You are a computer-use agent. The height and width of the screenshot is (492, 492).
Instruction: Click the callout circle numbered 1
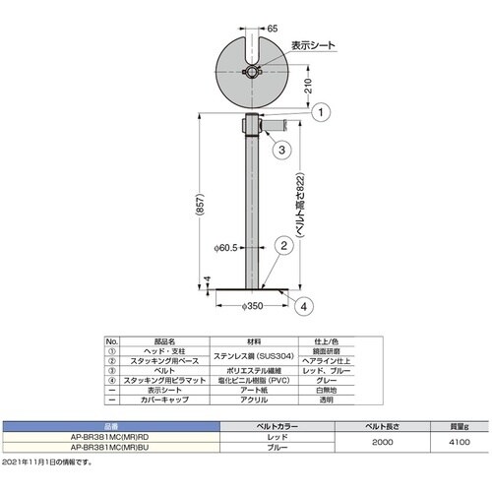click(321, 113)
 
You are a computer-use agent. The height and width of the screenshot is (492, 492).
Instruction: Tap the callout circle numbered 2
click(281, 248)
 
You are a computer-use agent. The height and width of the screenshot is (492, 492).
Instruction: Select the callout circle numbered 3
click(280, 150)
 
